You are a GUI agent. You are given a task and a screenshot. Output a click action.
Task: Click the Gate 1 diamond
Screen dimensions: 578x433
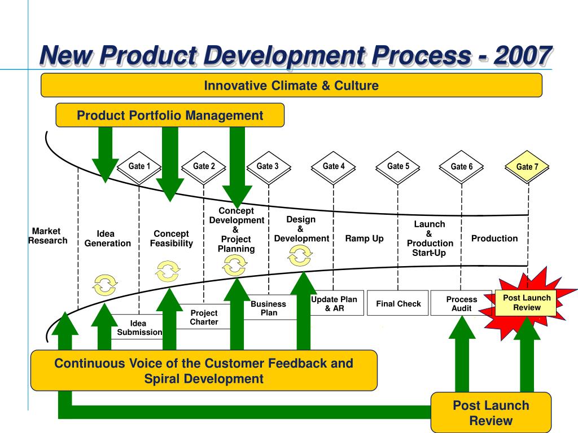coord(139,167)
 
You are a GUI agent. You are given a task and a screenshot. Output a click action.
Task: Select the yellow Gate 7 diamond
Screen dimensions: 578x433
coord(527,167)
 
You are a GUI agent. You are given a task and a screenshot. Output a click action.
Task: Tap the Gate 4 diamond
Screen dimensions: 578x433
coord(333,167)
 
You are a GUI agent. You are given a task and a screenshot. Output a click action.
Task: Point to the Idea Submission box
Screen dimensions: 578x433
coord(139,327)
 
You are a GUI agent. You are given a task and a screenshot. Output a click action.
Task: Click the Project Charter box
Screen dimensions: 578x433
coord(204,317)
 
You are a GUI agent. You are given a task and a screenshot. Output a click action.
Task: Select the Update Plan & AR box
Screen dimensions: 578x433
coord(334,303)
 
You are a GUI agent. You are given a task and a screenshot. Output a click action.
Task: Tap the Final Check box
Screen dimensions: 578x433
coord(398,303)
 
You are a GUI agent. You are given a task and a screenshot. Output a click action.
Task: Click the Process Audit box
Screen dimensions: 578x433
coord(462,303)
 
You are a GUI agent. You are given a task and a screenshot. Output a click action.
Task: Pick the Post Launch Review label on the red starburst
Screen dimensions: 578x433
coord(527,303)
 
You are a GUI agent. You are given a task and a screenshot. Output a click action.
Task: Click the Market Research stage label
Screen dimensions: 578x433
coord(47,236)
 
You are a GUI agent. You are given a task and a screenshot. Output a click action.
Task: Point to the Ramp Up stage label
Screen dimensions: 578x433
coord(364,238)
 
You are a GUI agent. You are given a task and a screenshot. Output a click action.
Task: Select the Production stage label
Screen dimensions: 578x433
coord(494,238)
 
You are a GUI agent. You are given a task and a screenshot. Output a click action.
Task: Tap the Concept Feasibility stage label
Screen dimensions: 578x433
coord(172,238)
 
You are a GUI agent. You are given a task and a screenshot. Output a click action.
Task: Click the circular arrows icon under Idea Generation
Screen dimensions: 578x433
coord(105,285)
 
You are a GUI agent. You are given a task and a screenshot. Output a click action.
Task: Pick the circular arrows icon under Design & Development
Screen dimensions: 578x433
coord(300,255)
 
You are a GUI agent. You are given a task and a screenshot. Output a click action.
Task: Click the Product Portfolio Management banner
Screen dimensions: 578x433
coord(170,115)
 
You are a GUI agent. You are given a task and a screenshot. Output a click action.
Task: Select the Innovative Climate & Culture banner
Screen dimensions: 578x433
coord(291,86)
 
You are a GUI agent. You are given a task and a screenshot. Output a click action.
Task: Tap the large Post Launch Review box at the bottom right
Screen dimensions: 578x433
coord(491,413)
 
